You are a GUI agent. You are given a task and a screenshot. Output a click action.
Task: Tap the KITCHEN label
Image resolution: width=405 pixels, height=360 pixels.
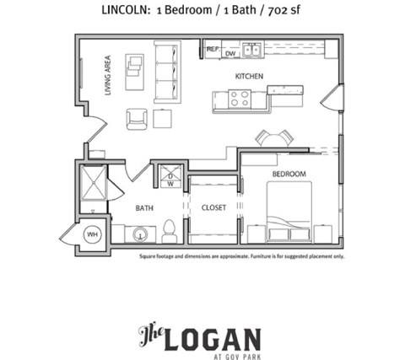point(250,77)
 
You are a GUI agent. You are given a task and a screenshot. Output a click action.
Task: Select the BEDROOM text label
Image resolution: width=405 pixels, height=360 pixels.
point(289,175)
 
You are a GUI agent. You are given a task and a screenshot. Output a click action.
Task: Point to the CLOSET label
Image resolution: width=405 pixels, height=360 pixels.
point(213,207)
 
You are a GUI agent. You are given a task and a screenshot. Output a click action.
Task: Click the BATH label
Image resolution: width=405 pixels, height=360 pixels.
point(143,207)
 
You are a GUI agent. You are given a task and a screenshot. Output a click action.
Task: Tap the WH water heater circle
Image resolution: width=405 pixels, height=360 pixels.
point(93,234)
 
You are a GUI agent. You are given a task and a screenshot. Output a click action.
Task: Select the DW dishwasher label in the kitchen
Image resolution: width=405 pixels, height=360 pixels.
point(229,54)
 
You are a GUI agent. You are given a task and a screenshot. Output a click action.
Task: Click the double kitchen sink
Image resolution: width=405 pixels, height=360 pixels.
point(251,51)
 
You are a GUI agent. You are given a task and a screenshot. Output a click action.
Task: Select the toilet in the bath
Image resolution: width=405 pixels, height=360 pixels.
point(169,230)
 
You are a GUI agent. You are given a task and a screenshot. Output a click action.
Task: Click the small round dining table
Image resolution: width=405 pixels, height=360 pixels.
point(273,138)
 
